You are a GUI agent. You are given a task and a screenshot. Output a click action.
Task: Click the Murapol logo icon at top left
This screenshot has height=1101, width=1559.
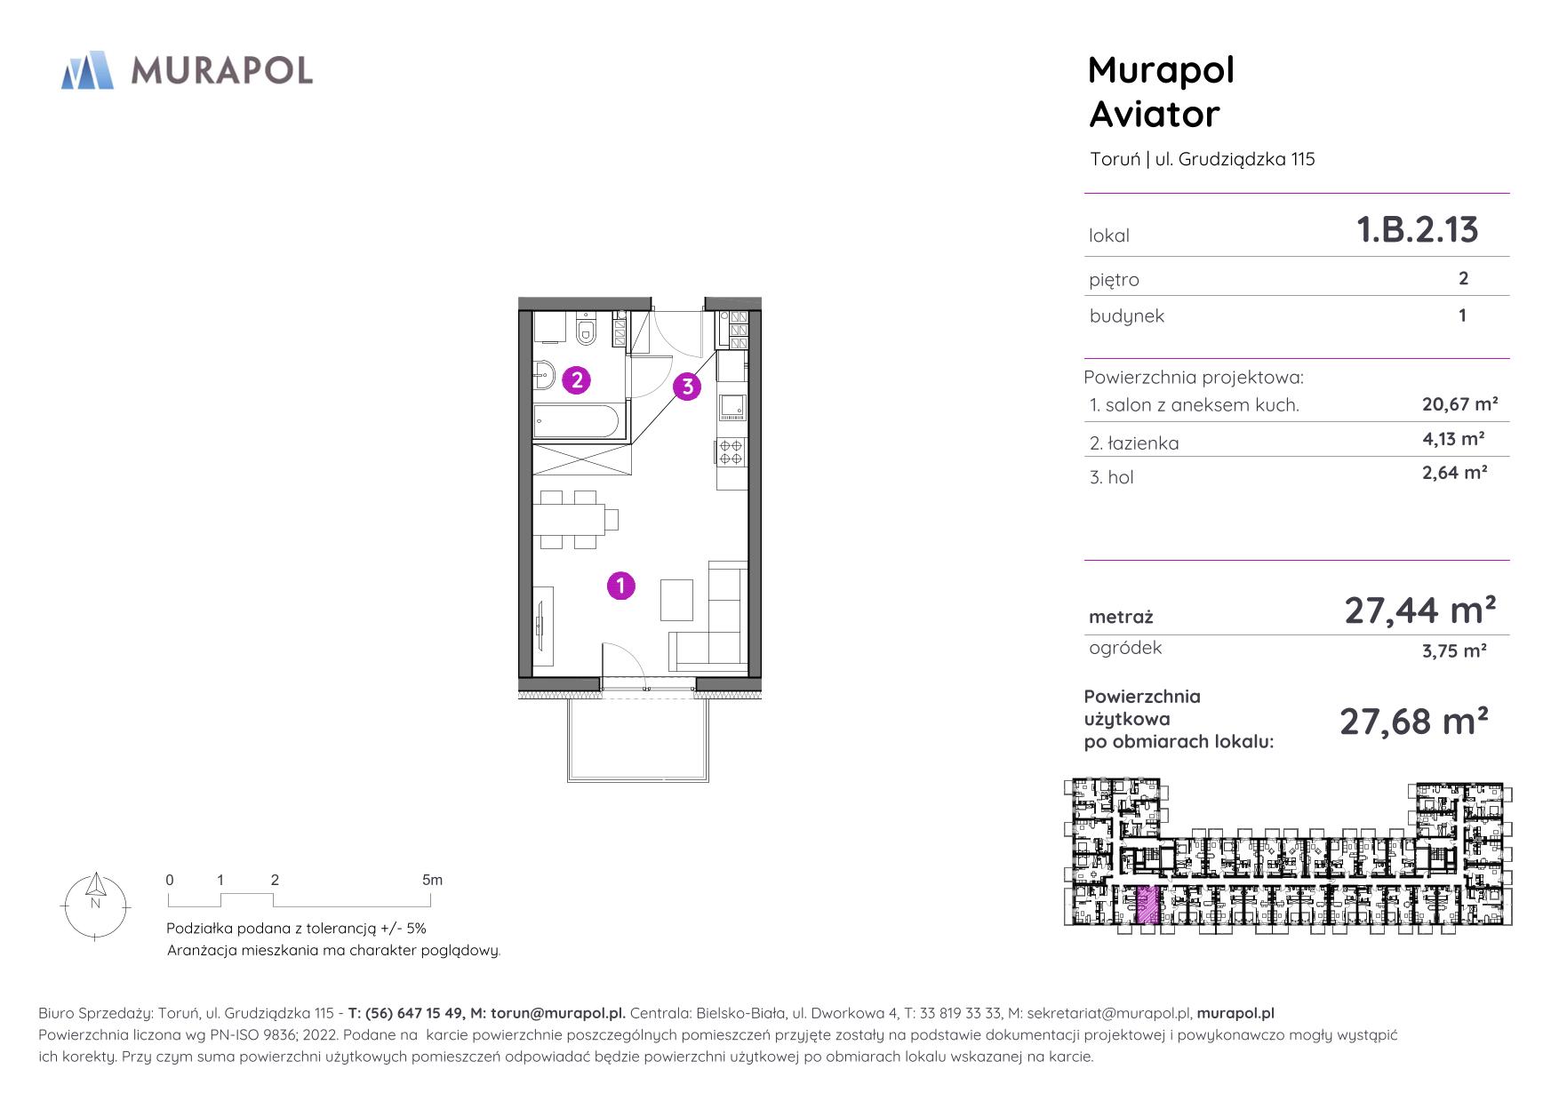click(x=87, y=70)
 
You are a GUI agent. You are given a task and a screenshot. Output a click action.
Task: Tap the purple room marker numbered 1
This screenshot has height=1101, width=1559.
click(x=620, y=586)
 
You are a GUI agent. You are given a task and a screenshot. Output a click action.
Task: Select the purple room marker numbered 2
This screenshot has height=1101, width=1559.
click(x=577, y=380)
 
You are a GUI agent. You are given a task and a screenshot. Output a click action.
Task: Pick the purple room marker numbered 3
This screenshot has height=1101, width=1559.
click(x=687, y=387)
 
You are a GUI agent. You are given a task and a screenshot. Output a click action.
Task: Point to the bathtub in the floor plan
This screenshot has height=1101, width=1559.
click(x=577, y=421)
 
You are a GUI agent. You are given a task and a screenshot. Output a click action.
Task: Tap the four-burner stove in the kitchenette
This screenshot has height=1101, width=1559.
click(x=731, y=452)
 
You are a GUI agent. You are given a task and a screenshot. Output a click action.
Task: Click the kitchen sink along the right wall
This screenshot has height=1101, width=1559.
click(x=732, y=406)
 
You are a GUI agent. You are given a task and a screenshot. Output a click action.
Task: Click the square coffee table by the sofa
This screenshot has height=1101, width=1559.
click(x=676, y=600)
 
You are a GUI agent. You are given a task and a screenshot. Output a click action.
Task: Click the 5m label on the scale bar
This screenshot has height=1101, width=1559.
click(x=432, y=880)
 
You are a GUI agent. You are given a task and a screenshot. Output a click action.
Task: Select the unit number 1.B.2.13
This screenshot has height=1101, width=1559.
click(x=1417, y=229)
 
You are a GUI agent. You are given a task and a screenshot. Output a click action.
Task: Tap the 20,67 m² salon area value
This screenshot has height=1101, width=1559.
click(x=1460, y=404)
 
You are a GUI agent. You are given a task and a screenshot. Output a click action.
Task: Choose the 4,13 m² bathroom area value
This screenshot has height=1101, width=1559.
click(x=1453, y=439)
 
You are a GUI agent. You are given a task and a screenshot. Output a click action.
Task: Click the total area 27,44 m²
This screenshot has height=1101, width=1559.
click(x=1419, y=610)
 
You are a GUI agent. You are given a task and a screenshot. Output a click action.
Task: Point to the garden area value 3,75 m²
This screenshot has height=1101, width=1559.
click(x=1454, y=650)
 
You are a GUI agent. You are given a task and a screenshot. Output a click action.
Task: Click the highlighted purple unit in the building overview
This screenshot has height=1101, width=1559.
click(x=1148, y=906)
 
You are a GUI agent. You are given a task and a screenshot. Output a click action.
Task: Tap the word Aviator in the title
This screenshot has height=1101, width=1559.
click(x=1154, y=114)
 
